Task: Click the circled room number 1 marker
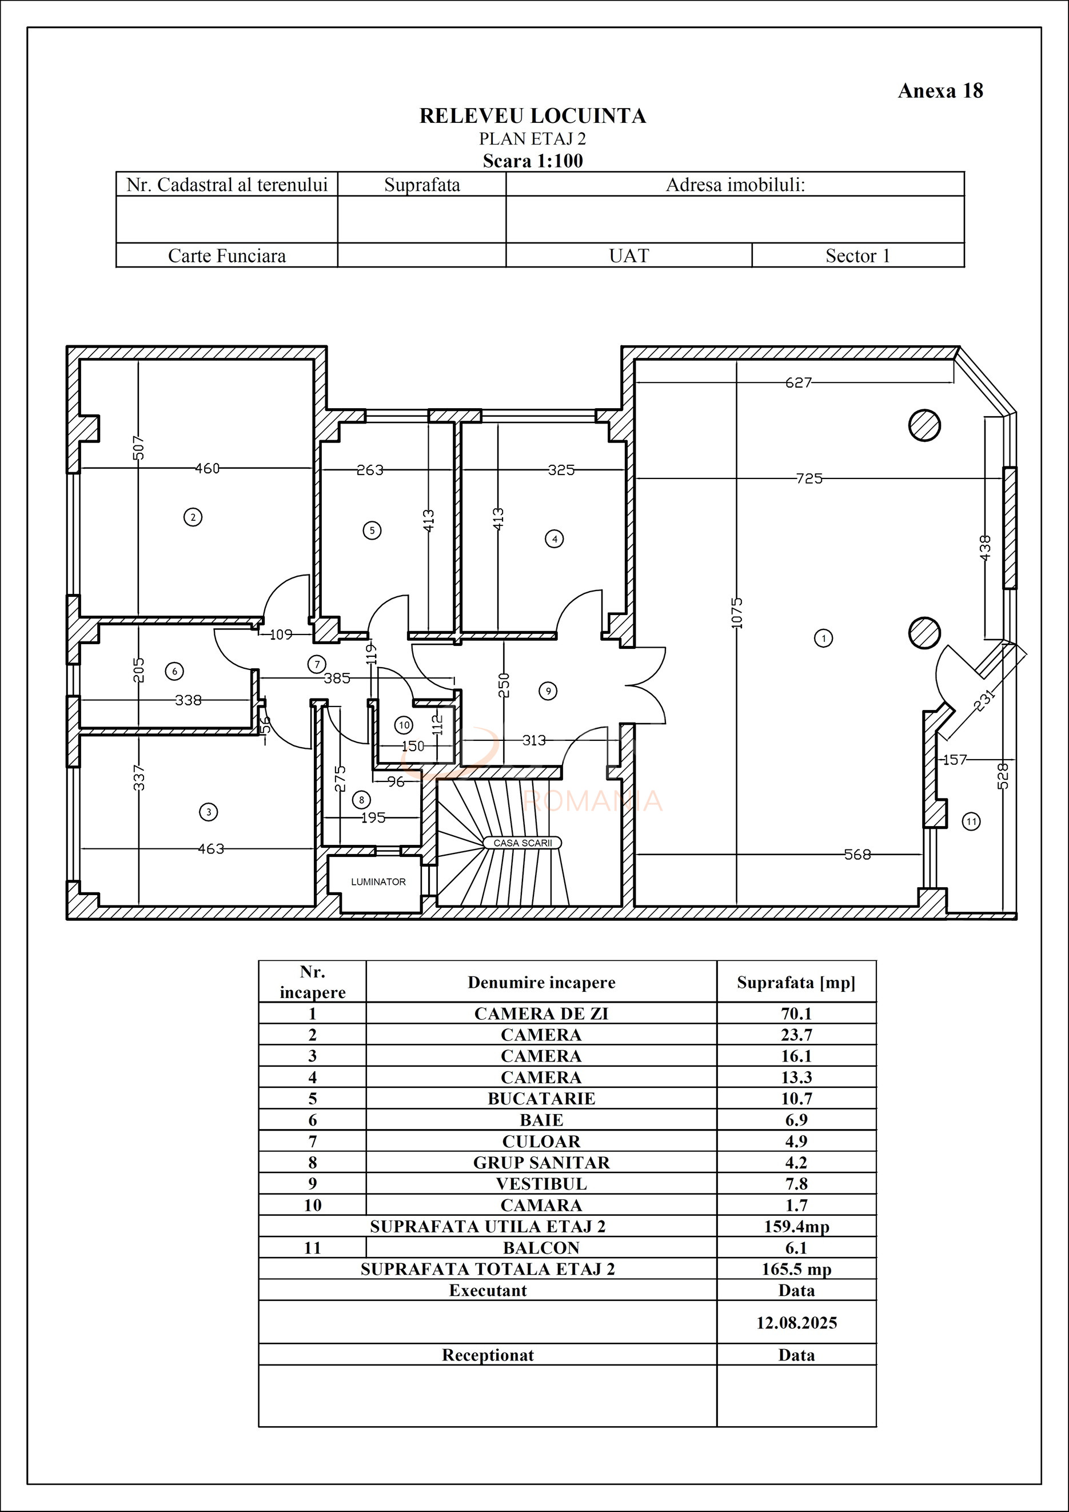pyautogui.click(x=823, y=637)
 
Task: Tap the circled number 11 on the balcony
pyautogui.click(x=971, y=821)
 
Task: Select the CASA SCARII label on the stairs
pyautogui.click(x=522, y=843)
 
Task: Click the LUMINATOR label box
pyautogui.click(x=378, y=882)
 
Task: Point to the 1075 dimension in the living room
pyautogui.click(x=737, y=612)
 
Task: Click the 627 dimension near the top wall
pyautogui.click(x=798, y=382)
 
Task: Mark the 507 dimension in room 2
pyautogui.click(x=138, y=448)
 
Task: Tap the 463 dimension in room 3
pyautogui.click(x=211, y=849)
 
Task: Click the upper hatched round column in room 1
pyautogui.click(x=924, y=425)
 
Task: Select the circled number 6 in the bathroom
pyautogui.click(x=174, y=671)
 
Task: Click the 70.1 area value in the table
pyautogui.click(x=796, y=1014)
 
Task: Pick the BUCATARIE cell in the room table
pyautogui.click(x=541, y=1099)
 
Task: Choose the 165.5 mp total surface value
pyautogui.click(x=796, y=1269)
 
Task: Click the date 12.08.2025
pyautogui.click(x=796, y=1323)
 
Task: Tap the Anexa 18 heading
pyautogui.click(x=940, y=91)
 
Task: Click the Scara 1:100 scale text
pyautogui.click(x=532, y=161)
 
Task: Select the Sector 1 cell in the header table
pyautogui.click(x=857, y=256)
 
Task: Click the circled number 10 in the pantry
pyautogui.click(x=404, y=725)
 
